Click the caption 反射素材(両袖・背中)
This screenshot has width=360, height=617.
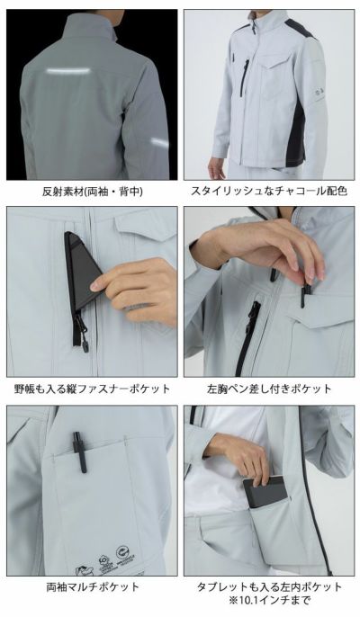click(93, 192)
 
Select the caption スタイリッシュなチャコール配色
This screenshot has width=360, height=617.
click(269, 192)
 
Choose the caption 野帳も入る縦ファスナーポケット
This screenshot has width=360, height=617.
click(93, 389)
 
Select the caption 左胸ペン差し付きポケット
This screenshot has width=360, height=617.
click(269, 389)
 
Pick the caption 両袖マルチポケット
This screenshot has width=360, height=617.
click(93, 586)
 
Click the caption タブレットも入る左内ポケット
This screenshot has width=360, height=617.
click(269, 586)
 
